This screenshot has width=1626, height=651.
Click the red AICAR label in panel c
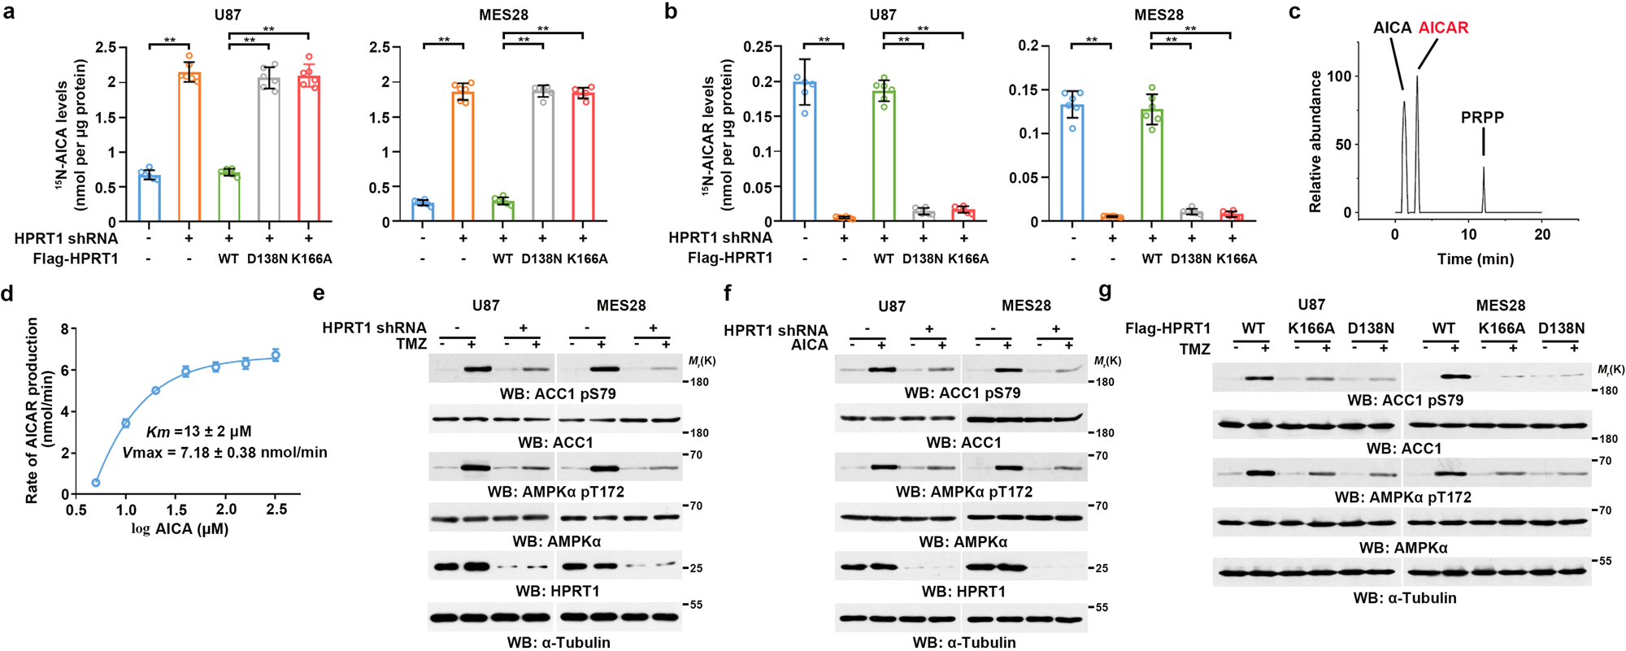pos(1443,28)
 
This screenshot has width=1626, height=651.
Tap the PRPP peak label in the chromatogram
pos(1482,118)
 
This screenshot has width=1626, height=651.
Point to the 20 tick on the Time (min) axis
pos(1541,235)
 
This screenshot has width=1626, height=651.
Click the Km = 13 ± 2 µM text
pos(199,432)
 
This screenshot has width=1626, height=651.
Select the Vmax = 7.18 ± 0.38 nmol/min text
pos(225,453)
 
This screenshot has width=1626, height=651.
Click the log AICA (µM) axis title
pos(180,529)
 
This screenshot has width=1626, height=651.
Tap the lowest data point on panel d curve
pos(96,483)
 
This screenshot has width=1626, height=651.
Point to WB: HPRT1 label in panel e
pos(558,591)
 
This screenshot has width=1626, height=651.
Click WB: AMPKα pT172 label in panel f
pos(963,492)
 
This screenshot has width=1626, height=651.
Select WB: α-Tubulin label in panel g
pos(1404,598)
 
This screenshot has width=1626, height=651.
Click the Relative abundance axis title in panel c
pos(1315,142)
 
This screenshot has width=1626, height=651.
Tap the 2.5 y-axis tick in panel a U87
pos(106,48)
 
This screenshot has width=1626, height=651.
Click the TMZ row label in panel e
pos(411,344)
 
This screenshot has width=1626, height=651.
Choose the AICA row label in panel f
pos(810,345)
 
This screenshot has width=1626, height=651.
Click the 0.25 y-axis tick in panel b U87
pos(758,47)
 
